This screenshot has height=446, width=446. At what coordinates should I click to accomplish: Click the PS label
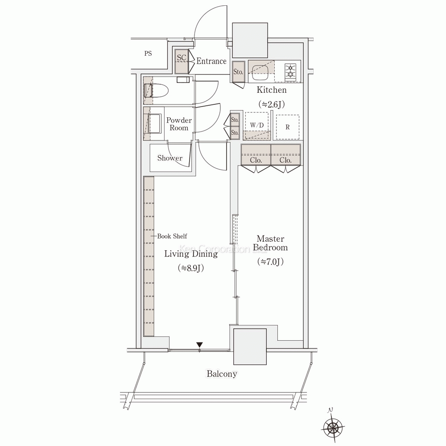(x=148, y=53)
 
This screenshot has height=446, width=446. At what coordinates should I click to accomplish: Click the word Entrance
(x=211, y=61)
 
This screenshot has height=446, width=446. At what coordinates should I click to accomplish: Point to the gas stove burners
(x=291, y=71)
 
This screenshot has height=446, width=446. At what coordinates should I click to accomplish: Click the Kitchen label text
(x=271, y=90)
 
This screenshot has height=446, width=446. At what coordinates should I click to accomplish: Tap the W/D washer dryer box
(x=257, y=125)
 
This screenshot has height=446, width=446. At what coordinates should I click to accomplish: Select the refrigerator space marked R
(x=288, y=127)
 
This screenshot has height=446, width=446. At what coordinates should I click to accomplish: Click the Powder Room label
(x=179, y=124)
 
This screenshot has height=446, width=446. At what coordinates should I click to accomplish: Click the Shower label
(x=170, y=158)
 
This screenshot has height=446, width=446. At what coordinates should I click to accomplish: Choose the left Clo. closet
(x=256, y=155)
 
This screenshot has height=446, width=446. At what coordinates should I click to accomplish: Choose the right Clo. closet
(x=285, y=155)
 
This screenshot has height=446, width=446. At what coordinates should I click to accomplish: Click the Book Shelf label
(x=172, y=236)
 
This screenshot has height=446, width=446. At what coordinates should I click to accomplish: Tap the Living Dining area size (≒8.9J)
(x=191, y=268)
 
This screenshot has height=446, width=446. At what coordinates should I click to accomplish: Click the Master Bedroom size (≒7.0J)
(x=270, y=261)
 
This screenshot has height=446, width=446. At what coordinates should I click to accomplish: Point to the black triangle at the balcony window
(x=200, y=344)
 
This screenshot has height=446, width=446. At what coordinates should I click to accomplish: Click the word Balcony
(x=222, y=374)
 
